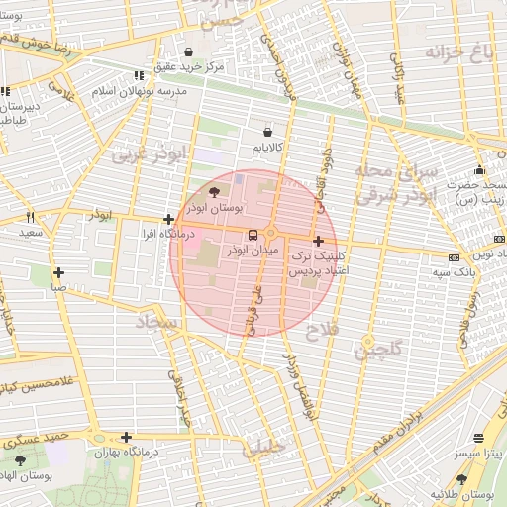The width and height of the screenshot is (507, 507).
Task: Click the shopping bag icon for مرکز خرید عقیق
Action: pyautogui.click(x=188, y=51)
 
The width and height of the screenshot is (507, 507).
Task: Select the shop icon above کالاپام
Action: pyautogui.click(x=267, y=131)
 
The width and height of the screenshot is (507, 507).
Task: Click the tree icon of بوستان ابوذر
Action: pyautogui.click(x=215, y=191)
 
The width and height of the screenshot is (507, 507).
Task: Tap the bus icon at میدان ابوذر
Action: pyautogui.click(x=253, y=236)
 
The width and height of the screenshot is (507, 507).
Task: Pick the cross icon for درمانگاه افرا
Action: pyautogui.click(x=169, y=220)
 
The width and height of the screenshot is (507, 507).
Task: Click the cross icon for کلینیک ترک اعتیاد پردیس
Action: pyautogui.click(x=317, y=241)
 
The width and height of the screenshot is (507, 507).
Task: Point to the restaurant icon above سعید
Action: pyautogui.click(x=30, y=217)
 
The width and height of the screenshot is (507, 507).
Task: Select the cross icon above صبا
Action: pyautogui.click(x=59, y=272)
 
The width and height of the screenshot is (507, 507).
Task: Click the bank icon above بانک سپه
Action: pyautogui.click(x=453, y=257)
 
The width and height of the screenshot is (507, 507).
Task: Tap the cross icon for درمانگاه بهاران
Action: pyautogui.click(x=126, y=437)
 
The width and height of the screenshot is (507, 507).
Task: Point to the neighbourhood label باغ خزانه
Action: pyautogui.click(x=457, y=51)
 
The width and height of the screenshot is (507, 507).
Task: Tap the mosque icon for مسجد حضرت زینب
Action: pyautogui.click(x=479, y=169)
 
